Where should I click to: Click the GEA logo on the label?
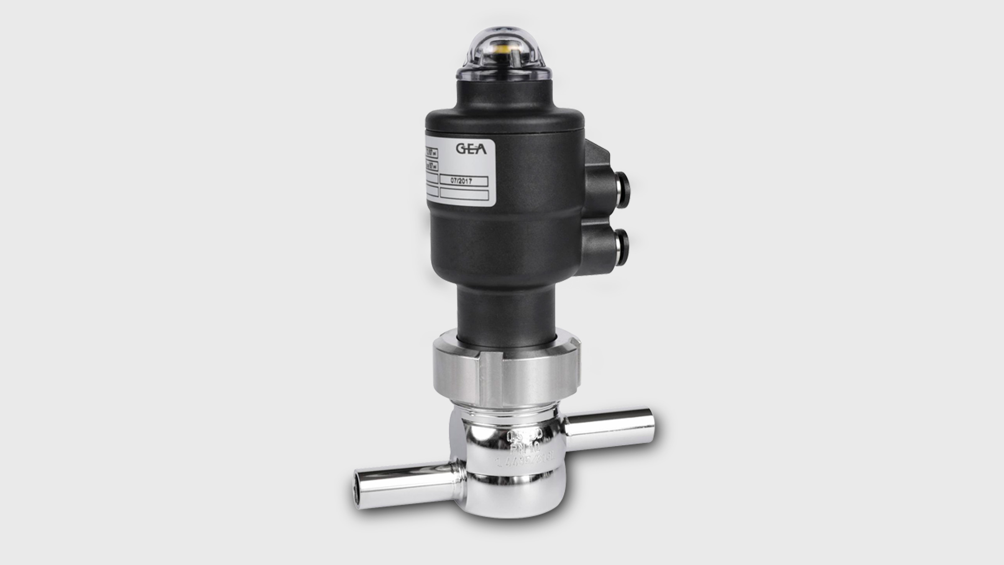(x=471, y=149)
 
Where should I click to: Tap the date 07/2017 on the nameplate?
(x=464, y=181)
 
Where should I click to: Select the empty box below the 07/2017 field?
(x=464, y=195)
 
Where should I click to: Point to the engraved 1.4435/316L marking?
(x=525, y=462)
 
